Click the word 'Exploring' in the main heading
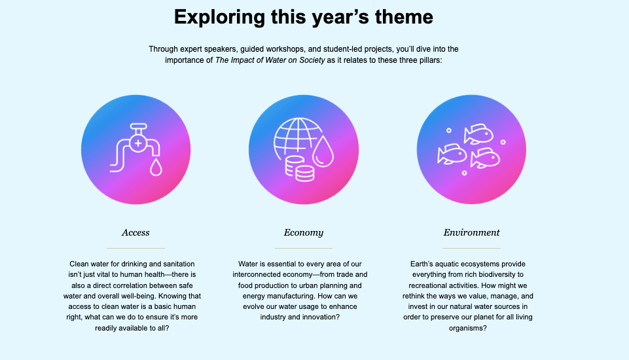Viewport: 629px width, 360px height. click(x=219, y=18)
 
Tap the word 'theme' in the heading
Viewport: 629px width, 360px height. click(x=404, y=17)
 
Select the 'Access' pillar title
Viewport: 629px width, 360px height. click(x=135, y=232)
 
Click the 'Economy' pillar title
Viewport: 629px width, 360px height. click(x=303, y=233)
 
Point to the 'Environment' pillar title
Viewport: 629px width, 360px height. click(x=471, y=232)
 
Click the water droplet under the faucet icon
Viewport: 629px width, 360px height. click(x=156, y=167)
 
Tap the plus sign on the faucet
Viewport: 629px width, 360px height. click(x=138, y=143)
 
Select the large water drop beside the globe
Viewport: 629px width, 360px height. click(x=323, y=151)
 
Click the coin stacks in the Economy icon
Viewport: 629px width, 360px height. click(x=300, y=169)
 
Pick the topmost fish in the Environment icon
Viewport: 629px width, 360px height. click(x=478, y=134)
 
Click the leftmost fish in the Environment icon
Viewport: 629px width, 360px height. click(x=452, y=154)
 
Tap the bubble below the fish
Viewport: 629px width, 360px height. click(x=464, y=173)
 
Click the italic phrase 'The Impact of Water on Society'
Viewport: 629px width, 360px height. click(x=270, y=60)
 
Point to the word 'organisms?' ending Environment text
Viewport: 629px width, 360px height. click(x=468, y=328)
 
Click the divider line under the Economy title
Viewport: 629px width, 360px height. click(x=304, y=249)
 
